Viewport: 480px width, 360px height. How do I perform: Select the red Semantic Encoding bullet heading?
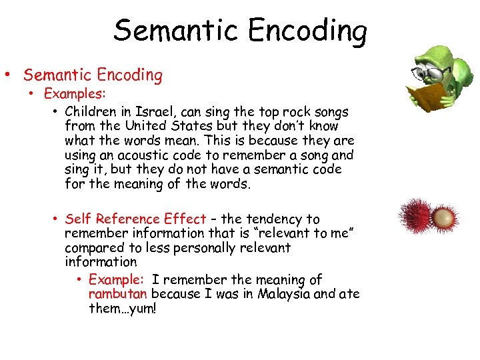point(93,75)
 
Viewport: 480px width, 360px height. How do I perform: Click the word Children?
point(92,111)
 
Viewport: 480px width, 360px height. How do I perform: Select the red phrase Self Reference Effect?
point(135,219)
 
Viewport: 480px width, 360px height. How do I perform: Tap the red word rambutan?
point(119,294)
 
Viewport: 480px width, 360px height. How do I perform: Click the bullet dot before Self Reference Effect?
point(57,219)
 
